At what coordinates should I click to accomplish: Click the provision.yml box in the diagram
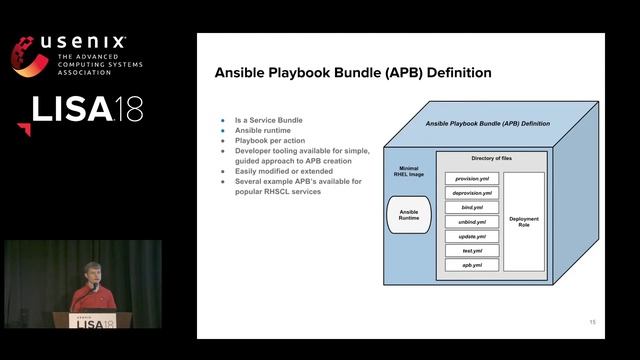tap(471, 178)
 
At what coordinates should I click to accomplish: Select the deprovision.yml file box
tap(471, 193)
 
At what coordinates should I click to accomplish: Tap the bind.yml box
tap(471, 207)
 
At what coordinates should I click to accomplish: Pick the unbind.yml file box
tap(471, 222)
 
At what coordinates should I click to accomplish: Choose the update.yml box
tap(471, 236)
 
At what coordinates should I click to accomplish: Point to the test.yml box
tap(471, 251)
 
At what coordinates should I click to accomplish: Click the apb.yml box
tap(471, 265)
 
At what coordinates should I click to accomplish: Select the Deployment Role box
tap(524, 222)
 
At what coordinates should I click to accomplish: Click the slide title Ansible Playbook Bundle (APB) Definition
tap(353, 73)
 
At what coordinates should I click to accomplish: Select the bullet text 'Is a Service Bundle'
tap(268, 120)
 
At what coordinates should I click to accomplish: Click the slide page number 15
tap(592, 322)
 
